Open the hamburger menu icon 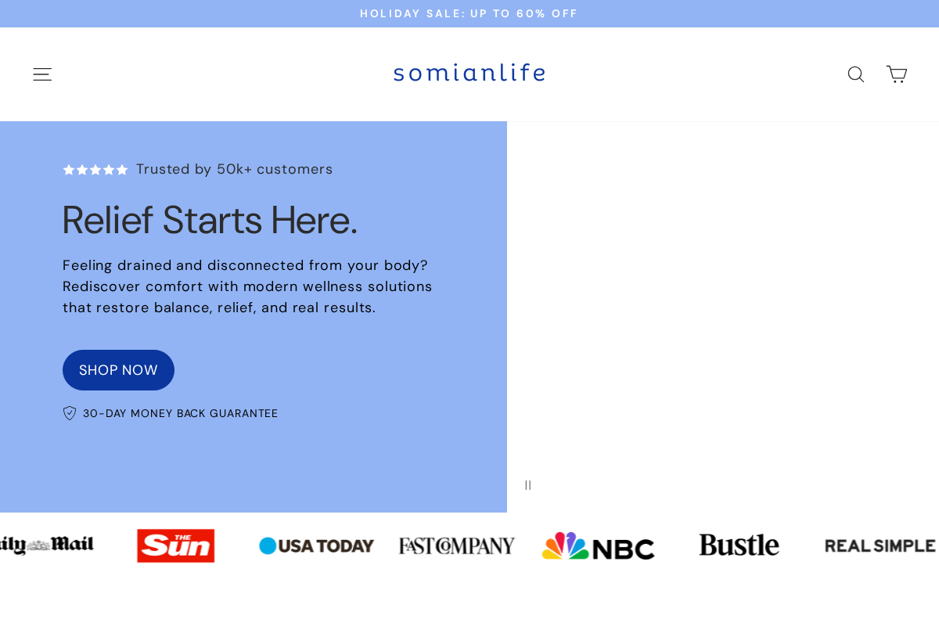[42, 74]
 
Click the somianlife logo [469, 73]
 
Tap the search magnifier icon [856, 74]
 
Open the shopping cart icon [897, 74]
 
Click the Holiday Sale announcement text [469, 13]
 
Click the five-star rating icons [95, 170]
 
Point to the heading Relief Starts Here [210, 220]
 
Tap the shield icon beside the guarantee [70, 413]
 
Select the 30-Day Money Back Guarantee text [181, 413]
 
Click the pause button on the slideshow [528, 485]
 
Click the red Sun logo [176, 545]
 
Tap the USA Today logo [317, 545]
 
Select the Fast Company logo [457, 545]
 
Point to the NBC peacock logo [598, 545]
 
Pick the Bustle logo [739, 545]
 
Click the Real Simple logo [880, 545]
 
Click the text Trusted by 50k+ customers [235, 169]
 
